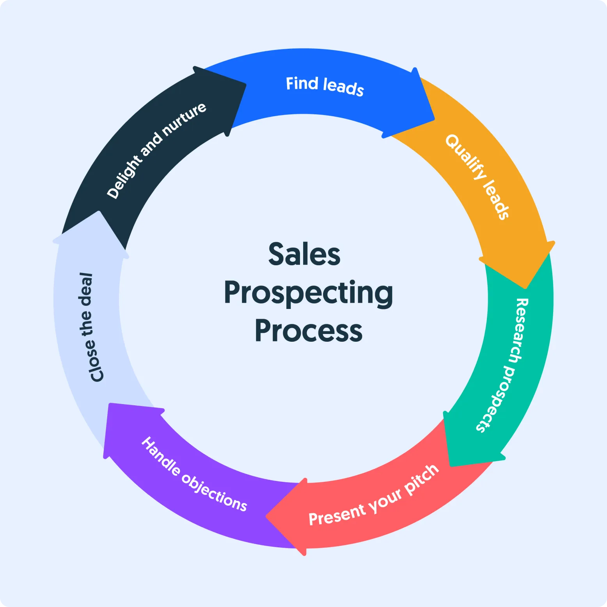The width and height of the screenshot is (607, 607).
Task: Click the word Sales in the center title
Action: pos(304,254)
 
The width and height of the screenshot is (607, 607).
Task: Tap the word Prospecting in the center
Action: pos(308,293)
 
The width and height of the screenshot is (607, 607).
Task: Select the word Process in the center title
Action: pos(309,331)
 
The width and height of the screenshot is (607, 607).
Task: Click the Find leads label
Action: pos(325,86)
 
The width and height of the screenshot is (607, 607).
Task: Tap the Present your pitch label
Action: pos(374,496)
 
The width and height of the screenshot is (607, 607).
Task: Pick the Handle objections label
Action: pos(194,474)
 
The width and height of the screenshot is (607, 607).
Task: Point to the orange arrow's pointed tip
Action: pos(526,288)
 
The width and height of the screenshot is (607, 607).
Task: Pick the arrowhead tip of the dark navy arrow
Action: pos(245,84)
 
